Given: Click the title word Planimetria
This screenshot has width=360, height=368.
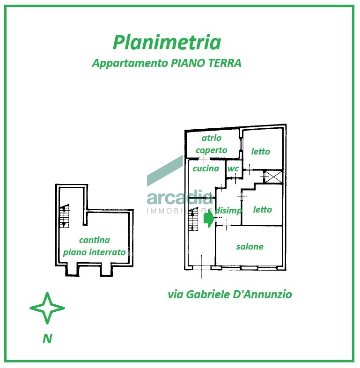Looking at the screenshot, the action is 167,43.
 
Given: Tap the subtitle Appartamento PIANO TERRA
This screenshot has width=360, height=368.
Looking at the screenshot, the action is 167,63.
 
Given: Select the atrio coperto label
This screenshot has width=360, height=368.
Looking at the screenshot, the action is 211,144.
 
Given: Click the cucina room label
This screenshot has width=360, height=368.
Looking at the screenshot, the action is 206,168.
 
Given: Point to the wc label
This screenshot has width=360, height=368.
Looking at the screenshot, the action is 233,169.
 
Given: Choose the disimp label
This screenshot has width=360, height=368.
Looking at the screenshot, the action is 228,211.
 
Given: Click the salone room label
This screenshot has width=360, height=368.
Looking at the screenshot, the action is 250,246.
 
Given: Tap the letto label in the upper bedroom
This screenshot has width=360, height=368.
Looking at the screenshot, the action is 260,151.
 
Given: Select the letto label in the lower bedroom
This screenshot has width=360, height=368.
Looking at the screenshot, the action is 262,209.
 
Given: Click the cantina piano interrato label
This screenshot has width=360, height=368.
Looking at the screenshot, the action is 95,246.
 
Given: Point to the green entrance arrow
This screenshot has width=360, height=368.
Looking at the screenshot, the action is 208,218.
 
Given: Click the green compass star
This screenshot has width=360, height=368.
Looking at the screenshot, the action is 47,308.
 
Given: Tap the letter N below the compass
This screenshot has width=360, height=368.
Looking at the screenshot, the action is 47,339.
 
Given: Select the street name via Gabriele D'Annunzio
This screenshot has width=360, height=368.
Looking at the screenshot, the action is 229,294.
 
